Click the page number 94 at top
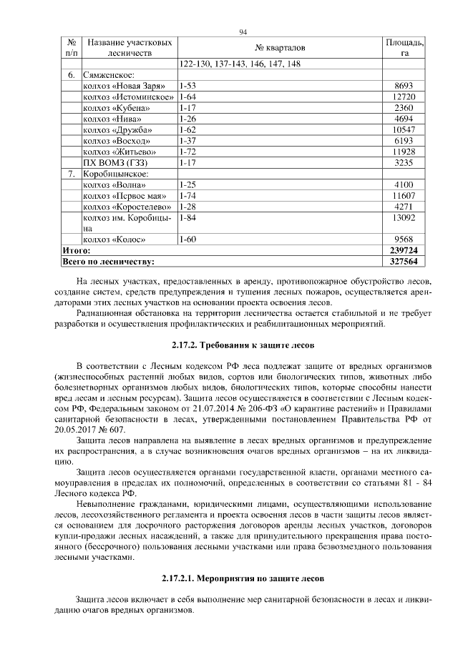[243, 32]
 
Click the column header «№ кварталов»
[280, 48]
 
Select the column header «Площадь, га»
[404, 48]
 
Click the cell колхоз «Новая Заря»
[120, 85]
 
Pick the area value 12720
[404, 97]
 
